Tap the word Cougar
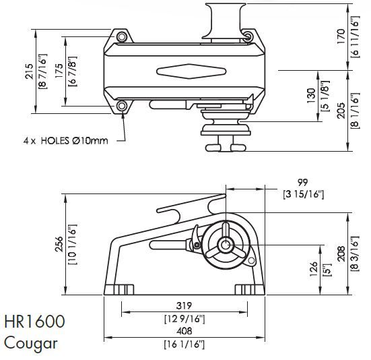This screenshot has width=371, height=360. pyautogui.click(x=30, y=342)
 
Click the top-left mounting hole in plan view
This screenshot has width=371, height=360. pyautogui.click(x=121, y=36)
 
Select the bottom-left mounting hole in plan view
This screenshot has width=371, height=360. pyautogui.click(x=121, y=107)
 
